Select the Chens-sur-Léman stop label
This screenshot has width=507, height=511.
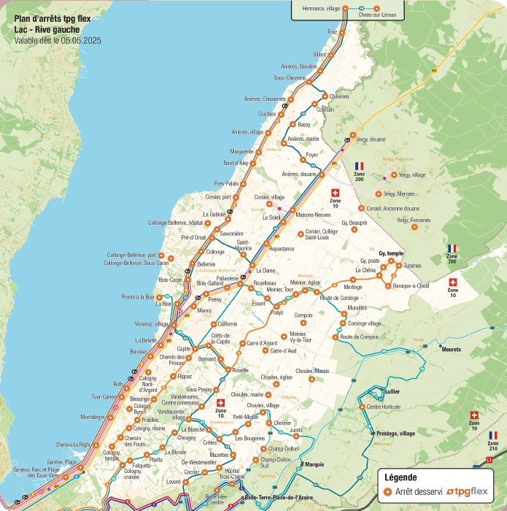pos(376,15)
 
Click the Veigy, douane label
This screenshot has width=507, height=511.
pos(371,137)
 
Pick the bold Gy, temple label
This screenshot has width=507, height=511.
pos(391,253)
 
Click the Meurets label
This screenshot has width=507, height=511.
pos(452,350)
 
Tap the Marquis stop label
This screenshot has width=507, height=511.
pos(314,464)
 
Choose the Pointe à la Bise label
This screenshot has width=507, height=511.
pos(138,297)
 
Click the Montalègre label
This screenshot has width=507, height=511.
pos(93,417)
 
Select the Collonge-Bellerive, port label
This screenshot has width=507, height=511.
pos(131,255)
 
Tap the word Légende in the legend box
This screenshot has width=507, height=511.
pos(400,477)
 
